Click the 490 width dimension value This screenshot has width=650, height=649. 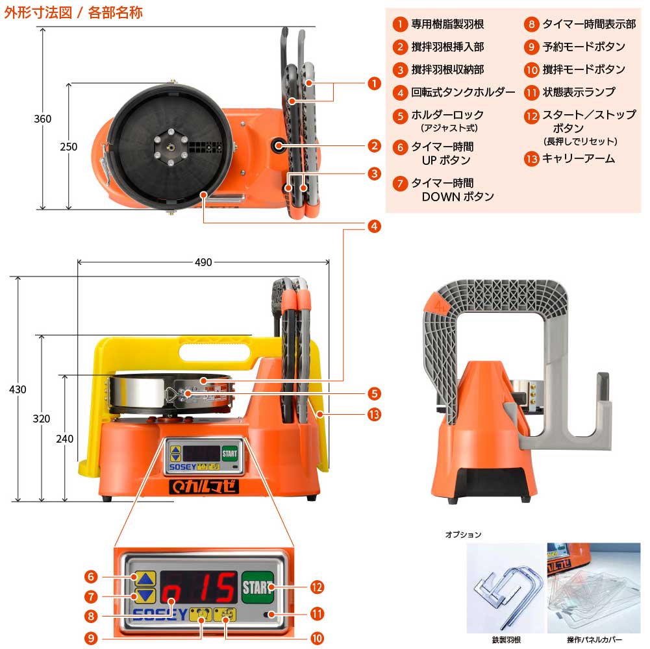[x=203, y=262]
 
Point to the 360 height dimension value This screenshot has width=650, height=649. [x=43, y=119]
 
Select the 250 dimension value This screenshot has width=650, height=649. [x=68, y=147]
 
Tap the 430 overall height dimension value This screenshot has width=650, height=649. [x=18, y=389]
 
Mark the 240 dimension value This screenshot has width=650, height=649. [x=64, y=439]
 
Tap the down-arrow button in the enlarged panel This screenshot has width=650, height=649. [x=145, y=596]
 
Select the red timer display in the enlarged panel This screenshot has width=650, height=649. [x=199, y=587]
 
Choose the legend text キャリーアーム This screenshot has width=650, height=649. [x=578, y=158]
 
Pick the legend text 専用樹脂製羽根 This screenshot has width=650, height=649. [x=447, y=25]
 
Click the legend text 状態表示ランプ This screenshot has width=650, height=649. [x=578, y=92]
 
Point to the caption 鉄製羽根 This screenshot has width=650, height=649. [x=505, y=640]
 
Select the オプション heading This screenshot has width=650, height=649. [x=463, y=534]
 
